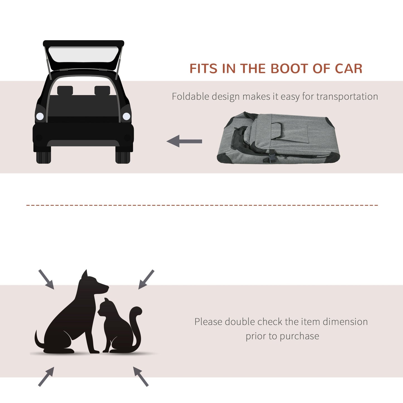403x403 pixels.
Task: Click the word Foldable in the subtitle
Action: point(190,96)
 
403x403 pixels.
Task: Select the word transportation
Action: point(347,97)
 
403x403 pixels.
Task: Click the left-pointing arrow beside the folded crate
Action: point(184,141)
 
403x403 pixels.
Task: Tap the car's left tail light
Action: point(40,116)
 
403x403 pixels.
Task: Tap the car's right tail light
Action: point(126,116)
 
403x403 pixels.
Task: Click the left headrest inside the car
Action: point(65,90)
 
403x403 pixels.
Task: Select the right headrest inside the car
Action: point(102,90)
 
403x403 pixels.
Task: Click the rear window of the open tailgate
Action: point(83,55)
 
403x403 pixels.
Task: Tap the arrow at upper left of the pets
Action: point(46,279)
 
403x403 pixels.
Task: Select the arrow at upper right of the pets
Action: point(146,279)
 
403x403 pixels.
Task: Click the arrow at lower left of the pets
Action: point(46,377)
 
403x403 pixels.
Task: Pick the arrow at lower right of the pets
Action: point(141,377)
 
